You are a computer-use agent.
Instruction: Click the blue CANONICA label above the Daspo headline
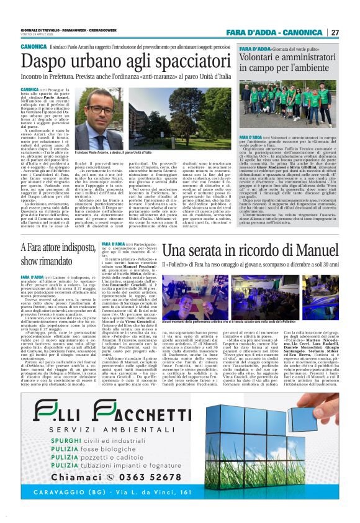click(34, 47)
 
